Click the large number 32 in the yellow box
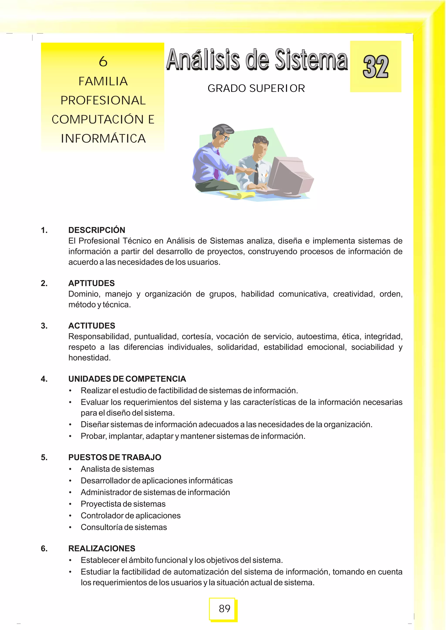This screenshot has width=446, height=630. point(375,66)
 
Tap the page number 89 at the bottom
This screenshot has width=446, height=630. point(224,609)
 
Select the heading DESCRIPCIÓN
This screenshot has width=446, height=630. point(97,230)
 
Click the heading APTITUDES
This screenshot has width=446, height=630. point(91,283)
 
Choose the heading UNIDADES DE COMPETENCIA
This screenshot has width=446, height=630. point(127,379)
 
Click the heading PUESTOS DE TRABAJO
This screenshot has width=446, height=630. point(115,457)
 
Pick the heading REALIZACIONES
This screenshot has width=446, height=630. point(102,548)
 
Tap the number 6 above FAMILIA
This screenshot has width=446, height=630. point(103,61)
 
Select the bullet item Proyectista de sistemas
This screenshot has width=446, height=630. point(123,504)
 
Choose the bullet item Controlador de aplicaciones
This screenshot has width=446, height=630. point(130,515)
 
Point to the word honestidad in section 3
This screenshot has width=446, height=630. point(89,358)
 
